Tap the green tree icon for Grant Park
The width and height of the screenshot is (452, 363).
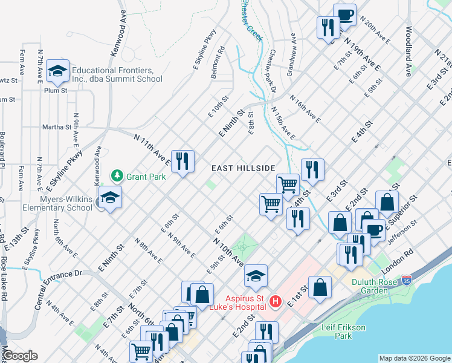[x=117, y=176]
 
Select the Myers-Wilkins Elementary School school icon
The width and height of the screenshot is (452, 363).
[x=111, y=198]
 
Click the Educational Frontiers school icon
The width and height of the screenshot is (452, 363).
[x=57, y=72]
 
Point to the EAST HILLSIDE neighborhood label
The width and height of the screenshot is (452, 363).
[x=244, y=168]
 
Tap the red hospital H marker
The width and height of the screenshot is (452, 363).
[x=276, y=301]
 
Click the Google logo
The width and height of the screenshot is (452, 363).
[x=21, y=356]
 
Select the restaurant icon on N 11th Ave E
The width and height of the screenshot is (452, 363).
[x=182, y=162]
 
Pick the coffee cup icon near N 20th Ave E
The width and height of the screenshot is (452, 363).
[x=344, y=15]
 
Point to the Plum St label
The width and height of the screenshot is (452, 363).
[x=55, y=90]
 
